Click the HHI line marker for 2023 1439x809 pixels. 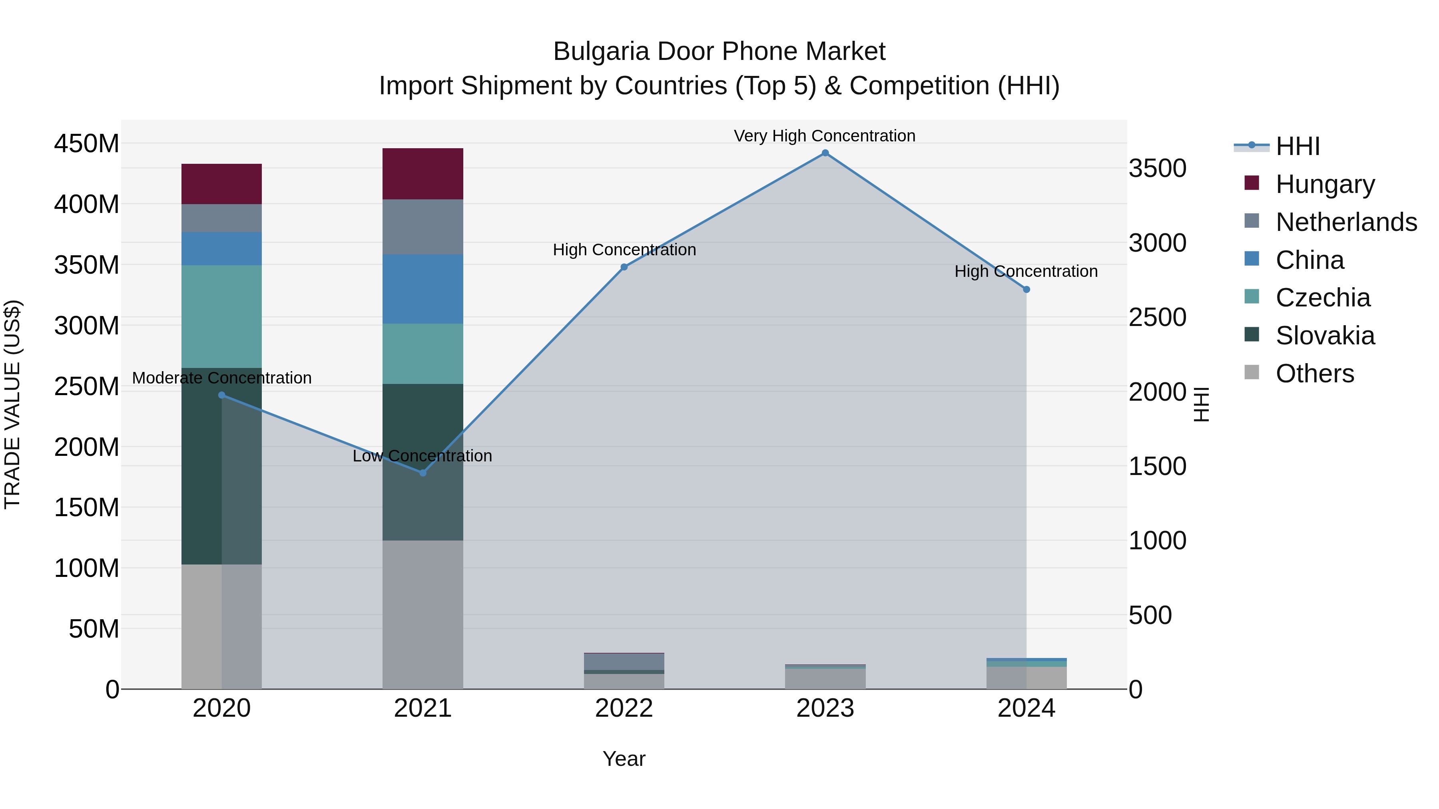coord(825,153)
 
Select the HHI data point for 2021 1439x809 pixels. coord(423,473)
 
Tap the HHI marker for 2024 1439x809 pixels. coord(1026,290)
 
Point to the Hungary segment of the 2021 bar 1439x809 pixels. coord(423,174)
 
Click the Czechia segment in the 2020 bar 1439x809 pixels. coord(222,316)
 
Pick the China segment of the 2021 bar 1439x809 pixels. coord(423,289)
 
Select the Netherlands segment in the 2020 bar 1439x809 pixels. coord(222,218)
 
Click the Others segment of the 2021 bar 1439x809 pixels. coord(423,614)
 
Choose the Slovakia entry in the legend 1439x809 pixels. coord(1325,336)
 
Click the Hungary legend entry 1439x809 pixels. coord(1325,184)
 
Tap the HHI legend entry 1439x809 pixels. coord(1297,146)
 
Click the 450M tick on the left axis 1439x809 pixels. coord(87,144)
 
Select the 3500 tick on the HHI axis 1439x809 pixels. coord(1158,169)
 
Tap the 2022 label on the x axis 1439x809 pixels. coord(624,708)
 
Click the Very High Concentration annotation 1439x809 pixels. coord(825,136)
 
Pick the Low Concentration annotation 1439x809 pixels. coord(423,455)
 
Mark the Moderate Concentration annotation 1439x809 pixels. coord(222,378)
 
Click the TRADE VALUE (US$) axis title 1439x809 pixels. coord(12,404)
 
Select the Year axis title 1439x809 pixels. coord(624,759)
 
